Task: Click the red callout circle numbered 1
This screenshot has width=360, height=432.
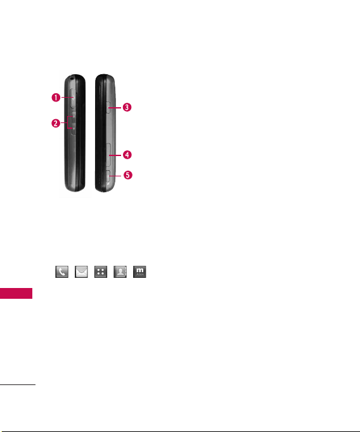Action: [56, 98]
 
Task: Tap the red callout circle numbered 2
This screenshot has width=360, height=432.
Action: [56, 123]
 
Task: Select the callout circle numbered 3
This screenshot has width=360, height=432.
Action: [127, 107]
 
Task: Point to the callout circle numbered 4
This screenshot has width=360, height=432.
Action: [127, 155]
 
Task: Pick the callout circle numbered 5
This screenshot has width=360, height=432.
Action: [127, 175]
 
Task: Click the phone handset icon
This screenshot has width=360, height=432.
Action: [62, 272]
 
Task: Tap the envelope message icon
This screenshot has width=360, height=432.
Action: [81, 272]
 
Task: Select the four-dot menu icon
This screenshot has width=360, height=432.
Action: [101, 272]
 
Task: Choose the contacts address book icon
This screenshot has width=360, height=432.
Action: [120, 272]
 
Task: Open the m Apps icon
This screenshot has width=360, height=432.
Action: [139, 272]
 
